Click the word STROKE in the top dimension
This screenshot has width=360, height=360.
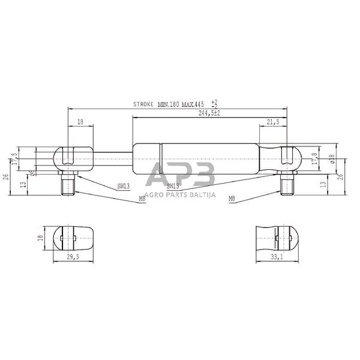[143, 104]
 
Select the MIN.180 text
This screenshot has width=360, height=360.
[169, 104]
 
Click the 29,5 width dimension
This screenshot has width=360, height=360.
[71, 257]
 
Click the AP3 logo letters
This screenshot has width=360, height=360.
[180, 175]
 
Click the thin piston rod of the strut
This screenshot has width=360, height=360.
[113, 157]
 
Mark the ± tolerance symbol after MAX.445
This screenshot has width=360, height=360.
[215, 103]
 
